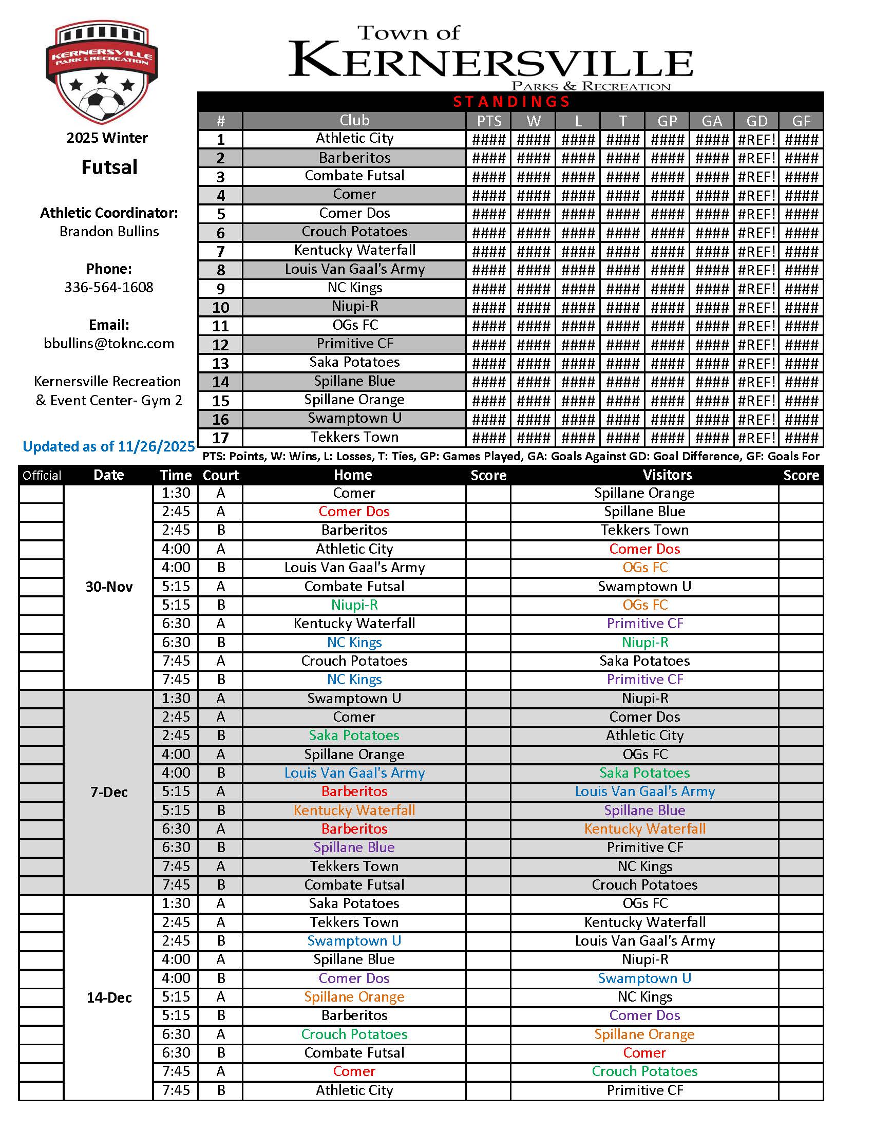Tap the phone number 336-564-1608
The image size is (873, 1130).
click(x=108, y=287)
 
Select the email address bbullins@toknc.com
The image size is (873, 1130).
click(x=108, y=344)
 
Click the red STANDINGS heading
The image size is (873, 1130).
click(x=511, y=101)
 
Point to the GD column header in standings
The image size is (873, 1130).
click(x=756, y=121)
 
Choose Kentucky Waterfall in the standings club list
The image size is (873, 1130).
click(x=354, y=251)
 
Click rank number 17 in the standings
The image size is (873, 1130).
click(x=220, y=438)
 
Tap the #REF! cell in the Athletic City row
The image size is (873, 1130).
click(x=756, y=139)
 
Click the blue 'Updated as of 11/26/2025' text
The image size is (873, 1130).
click(x=108, y=446)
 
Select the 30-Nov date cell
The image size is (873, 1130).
click(x=108, y=587)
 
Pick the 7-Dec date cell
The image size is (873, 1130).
click(x=108, y=792)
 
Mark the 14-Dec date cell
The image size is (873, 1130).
click(x=108, y=997)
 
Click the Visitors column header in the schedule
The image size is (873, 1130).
click(x=667, y=475)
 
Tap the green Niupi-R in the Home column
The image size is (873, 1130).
click(x=354, y=605)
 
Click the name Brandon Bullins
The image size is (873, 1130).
click(x=108, y=231)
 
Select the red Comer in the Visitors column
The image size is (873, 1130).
click(x=644, y=1053)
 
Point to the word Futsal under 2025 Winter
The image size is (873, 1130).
click(x=109, y=167)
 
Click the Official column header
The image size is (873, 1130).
click(x=42, y=476)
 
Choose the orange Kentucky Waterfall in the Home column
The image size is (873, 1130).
click(x=354, y=810)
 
